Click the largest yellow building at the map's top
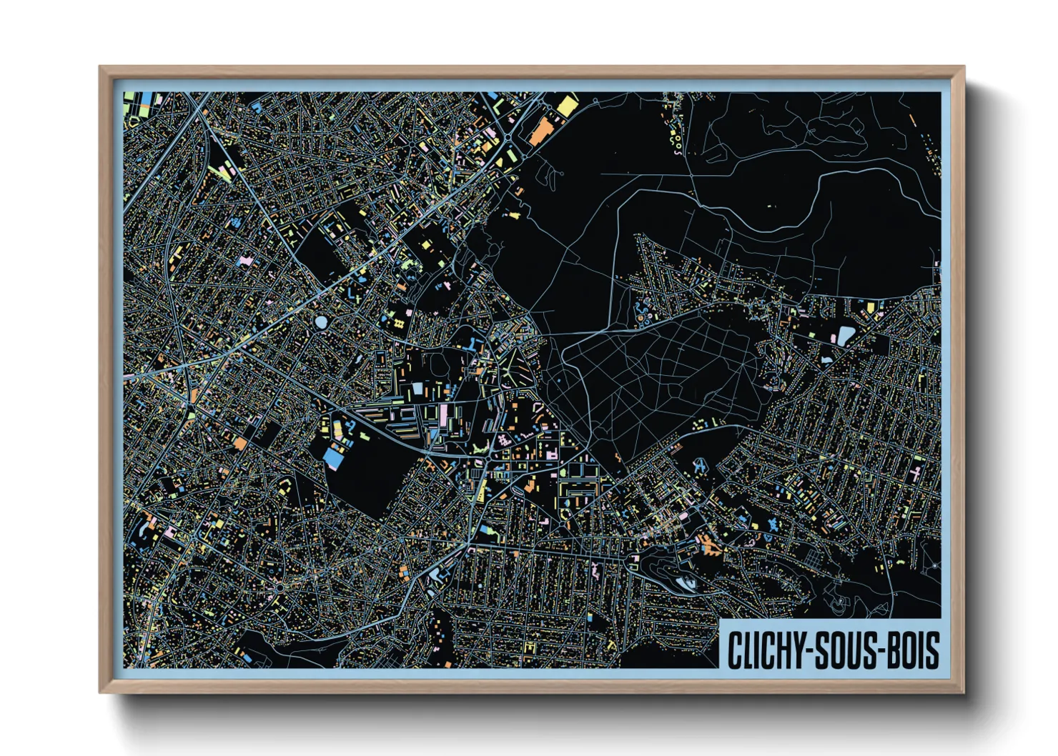(x=567, y=106)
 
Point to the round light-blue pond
(x=320, y=322)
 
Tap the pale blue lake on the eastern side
(x=846, y=335)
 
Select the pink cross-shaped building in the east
(x=916, y=473)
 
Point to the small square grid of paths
(x=399, y=324)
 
